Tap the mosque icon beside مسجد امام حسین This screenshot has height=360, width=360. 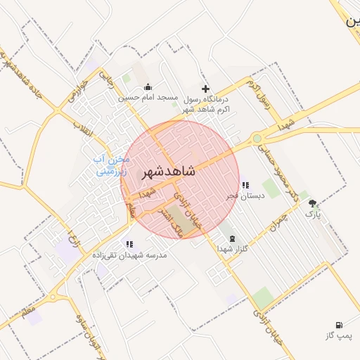(x=148, y=88)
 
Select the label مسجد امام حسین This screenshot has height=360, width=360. (x=148, y=98)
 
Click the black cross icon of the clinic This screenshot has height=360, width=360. (x=205, y=89)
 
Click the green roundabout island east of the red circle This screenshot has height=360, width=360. (x=258, y=139)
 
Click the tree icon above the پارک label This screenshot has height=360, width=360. (x=312, y=204)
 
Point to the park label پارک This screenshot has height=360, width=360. (x=312, y=214)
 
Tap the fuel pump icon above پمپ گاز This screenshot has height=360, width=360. (x=340, y=326)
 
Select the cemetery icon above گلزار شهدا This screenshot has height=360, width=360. (x=233, y=238)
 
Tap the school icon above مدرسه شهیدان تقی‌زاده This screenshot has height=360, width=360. (x=129, y=244)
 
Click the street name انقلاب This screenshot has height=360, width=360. (x=79, y=129)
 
